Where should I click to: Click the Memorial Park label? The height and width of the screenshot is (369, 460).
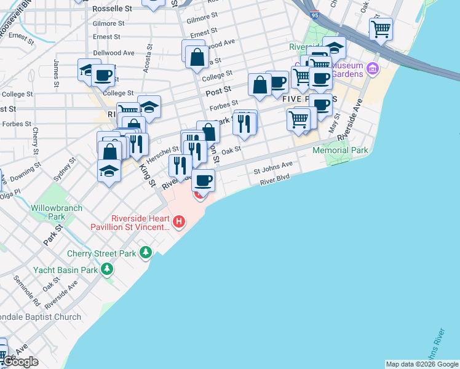[x=340, y=150]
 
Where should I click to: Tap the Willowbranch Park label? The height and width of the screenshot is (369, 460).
[x=57, y=212]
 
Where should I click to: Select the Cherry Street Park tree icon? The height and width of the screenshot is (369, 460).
[x=146, y=253]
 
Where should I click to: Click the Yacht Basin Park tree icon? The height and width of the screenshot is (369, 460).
[x=108, y=269]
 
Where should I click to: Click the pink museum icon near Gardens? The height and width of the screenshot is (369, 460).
[x=372, y=68]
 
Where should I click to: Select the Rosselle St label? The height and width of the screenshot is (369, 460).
[x=112, y=9]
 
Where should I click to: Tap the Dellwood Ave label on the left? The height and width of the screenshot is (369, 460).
[x=113, y=53]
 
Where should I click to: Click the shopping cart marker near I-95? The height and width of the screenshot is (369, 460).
[x=381, y=28]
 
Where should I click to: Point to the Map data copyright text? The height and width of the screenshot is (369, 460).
[x=422, y=364]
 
